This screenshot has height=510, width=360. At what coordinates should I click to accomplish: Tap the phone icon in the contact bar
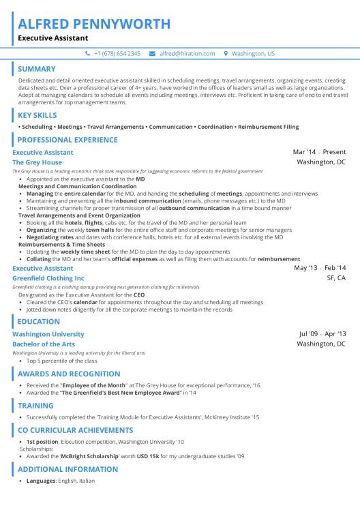(87, 53)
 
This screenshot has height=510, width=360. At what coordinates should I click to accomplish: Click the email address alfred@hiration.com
(187, 53)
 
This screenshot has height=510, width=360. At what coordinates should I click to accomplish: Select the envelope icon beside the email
(153, 53)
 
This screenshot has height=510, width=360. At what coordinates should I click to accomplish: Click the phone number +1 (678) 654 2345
(117, 53)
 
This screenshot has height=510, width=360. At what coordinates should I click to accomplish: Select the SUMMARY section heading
(37, 69)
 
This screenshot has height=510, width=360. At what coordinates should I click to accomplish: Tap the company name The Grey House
(37, 163)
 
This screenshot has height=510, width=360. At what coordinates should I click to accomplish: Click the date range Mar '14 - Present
(319, 152)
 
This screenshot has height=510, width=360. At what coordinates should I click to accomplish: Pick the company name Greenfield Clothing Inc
(48, 278)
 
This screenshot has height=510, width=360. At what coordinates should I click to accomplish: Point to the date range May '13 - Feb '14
(319, 268)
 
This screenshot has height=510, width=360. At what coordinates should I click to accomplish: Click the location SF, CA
(336, 278)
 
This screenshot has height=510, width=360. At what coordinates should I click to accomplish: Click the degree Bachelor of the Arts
(44, 344)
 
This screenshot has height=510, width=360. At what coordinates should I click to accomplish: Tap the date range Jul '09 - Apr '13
(322, 334)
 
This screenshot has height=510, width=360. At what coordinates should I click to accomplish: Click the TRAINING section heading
(35, 405)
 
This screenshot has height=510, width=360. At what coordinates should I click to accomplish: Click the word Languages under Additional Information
(40, 481)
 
